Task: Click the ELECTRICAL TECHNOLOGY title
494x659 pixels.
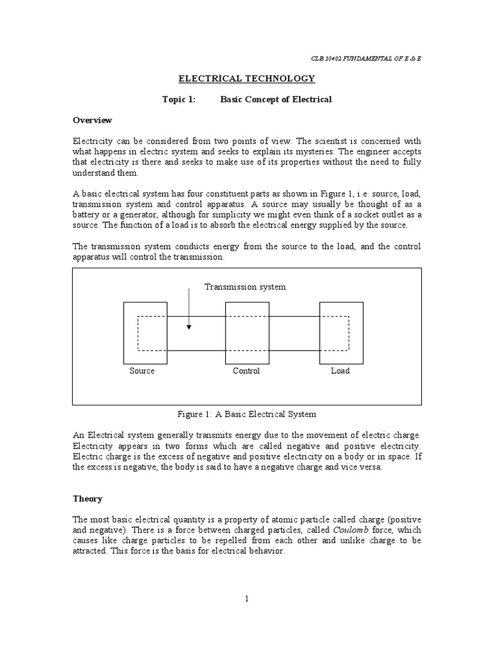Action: click(x=246, y=79)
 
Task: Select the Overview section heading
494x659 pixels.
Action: click(x=92, y=120)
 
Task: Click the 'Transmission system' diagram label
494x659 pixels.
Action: click(x=245, y=286)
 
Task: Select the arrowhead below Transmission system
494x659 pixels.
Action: click(x=188, y=327)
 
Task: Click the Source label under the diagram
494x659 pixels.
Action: click(x=142, y=371)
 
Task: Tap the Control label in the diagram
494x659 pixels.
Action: click(x=246, y=371)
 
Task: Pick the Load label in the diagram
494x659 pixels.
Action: click(x=340, y=371)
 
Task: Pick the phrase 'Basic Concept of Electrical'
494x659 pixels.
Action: click(x=276, y=100)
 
